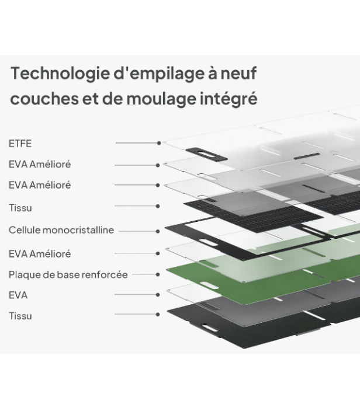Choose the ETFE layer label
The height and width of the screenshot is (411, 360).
tap(20, 143)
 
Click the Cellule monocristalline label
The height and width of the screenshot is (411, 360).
tap(61, 231)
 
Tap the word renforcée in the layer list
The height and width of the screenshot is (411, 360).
tap(106, 274)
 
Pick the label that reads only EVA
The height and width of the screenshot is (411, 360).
tap(18, 295)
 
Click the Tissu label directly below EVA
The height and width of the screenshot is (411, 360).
tap(20, 316)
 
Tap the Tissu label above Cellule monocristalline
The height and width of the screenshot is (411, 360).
tap(20, 208)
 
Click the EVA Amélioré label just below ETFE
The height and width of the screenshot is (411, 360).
tap(40, 165)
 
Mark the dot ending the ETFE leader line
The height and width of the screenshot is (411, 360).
tap(159, 143)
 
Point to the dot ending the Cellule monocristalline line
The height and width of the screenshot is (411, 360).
tap(158, 231)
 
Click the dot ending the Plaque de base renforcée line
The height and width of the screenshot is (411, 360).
tap(158, 274)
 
